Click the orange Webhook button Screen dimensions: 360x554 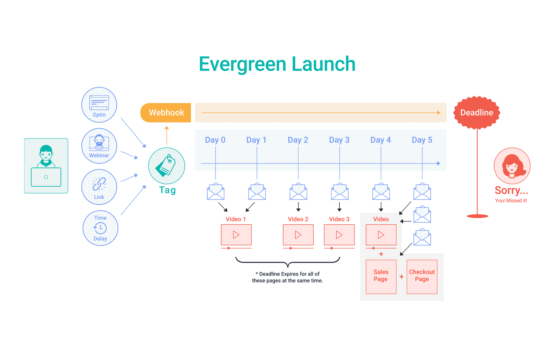pyautogui.click(x=166, y=112)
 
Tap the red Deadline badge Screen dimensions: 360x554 pyautogui.click(x=477, y=112)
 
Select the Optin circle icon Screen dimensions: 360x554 pyautogui.click(x=99, y=105)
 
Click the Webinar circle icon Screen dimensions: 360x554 pyautogui.click(x=99, y=146)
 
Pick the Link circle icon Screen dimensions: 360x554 pyautogui.click(x=99, y=187)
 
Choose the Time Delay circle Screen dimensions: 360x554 pyautogui.click(x=100, y=228)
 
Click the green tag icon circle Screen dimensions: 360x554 pyautogui.click(x=167, y=166)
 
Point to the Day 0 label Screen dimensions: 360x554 pyautogui.click(x=215, y=140)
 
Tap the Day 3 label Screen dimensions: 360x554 pyautogui.click(x=339, y=140)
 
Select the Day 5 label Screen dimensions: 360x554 pyautogui.click(x=422, y=140)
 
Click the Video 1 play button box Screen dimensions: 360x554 pyautogui.click(x=236, y=235)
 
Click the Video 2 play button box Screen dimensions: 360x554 pyautogui.click(x=298, y=235)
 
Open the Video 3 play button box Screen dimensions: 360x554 pyautogui.click(x=339, y=235)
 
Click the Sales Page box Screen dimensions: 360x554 pyautogui.click(x=381, y=277)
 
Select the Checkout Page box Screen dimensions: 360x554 pyautogui.click(x=422, y=277)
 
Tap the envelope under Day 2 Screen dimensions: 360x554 pyautogui.click(x=298, y=192)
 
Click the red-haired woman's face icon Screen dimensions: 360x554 pyautogui.click(x=512, y=166)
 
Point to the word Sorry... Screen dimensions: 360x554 pyautogui.click(x=507, y=190)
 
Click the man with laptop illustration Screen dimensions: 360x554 pyautogui.click(x=46, y=166)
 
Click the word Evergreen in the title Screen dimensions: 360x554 pyautogui.click(x=242, y=64)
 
